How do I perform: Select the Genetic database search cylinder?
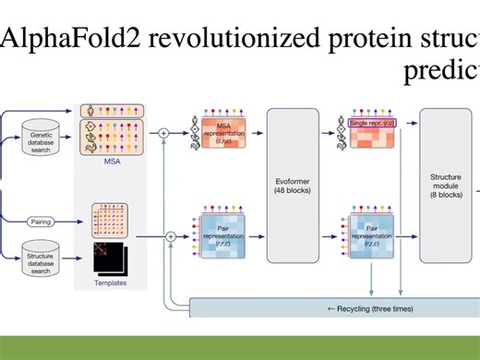(43, 143)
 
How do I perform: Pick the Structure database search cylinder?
(43, 261)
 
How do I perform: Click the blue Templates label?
(111, 283)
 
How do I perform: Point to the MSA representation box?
(223, 134)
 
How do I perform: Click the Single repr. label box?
(375, 122)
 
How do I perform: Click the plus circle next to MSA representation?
(165, 133)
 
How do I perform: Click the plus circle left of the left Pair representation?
(171, 237)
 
